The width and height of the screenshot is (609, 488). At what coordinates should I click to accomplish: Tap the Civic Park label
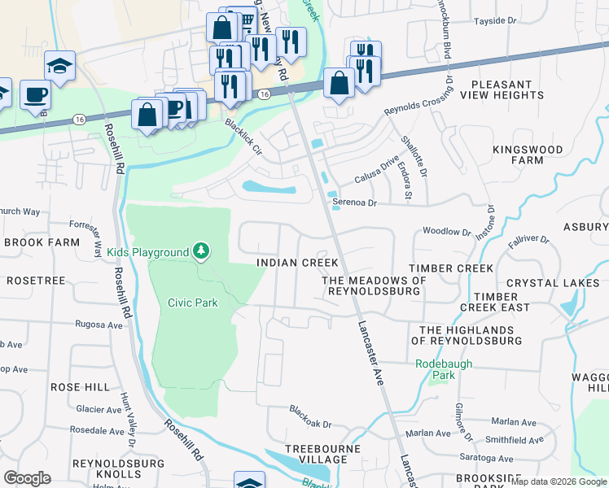[x=193, y=303]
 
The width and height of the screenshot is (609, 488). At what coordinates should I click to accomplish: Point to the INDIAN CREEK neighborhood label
[x=297, y=263]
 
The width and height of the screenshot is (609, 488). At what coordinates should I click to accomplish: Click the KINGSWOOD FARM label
[x=528, y=155]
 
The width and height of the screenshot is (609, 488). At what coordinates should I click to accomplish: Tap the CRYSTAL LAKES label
[x=553, y=283]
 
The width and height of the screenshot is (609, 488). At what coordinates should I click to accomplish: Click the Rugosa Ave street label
[x=99, y=325]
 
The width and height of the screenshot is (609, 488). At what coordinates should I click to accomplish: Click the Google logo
[x=27, y=478]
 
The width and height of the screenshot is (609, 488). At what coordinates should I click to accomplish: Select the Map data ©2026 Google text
[x=558, y=481]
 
